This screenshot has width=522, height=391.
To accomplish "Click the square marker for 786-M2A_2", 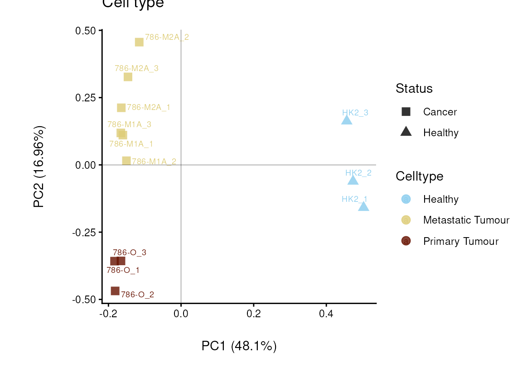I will pyautogui.click(x=139, y=42).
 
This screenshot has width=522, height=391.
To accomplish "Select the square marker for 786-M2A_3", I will pyautogui.click(x=128, y=77).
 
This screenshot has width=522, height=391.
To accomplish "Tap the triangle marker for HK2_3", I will pyautogui.click(x=347, y=120).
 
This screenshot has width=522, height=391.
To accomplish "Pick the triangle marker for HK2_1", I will pyautogui.click(x=363, y=207).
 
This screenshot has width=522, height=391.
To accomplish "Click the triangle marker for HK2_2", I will pyautogui.click(x=353, y=181).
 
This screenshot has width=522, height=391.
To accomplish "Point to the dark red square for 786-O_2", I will pyautogui.click(x=115, y=291).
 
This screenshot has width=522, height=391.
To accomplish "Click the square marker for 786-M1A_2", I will pyautogui.click(x=126, y=161).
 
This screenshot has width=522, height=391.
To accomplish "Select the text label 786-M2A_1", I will pyautogui.click(x=149, y=107).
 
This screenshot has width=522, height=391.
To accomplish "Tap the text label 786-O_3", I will pyautogui.click(x=130, y=253).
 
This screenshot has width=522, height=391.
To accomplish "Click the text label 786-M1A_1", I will pyautogui.click(x=131, y=144).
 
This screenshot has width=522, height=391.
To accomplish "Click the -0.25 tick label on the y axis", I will pyautogui.click(x=84, y=232).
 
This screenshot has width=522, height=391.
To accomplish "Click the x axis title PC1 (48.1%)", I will pyautogui.click(x=239, y=346).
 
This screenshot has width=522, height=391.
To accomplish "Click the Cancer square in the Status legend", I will pyautogui.click(x=406, y=112).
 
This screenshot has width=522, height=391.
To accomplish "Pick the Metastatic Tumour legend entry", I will pyautogui.click(x=466, y=220).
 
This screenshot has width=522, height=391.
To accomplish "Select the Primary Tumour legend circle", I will pyautogui.click(x=406, y=241).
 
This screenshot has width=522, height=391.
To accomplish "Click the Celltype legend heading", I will pyautogui.click(x=419, y=176).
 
